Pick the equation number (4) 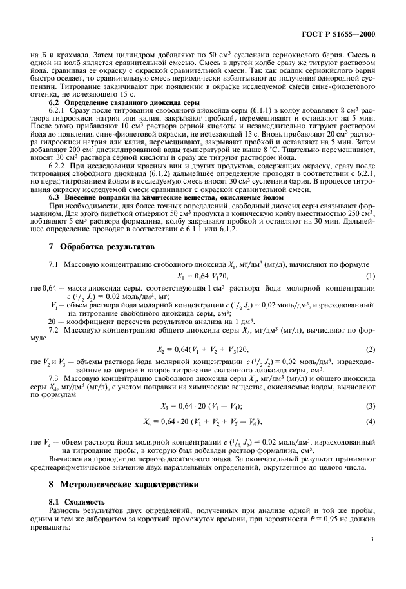(x=371, y=421)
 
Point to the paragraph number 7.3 (x=56, y=378)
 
